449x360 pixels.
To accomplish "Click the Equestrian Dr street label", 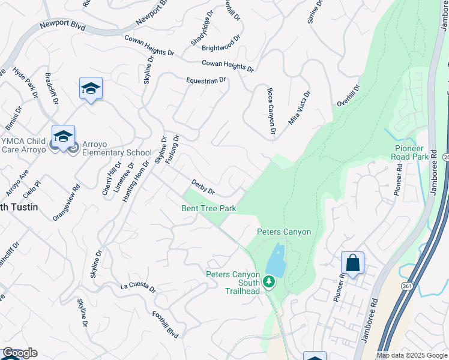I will [206, 80].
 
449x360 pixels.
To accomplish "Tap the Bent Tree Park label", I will [209, 208].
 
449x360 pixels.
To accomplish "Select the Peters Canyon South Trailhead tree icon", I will [270, 281].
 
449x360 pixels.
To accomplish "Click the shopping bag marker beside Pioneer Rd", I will [352, 263].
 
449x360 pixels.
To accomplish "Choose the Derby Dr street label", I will [203, 187].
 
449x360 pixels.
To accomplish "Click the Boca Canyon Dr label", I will [271, 111].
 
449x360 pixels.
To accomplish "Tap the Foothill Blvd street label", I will [166, 324].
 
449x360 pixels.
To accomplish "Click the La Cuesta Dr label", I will [137, 287].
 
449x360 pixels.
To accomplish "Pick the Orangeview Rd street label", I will [67, 202].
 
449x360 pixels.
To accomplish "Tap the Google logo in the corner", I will [20, 353].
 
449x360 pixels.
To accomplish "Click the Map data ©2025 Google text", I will [411, 355].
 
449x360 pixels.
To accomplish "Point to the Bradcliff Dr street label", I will [51, 89].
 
